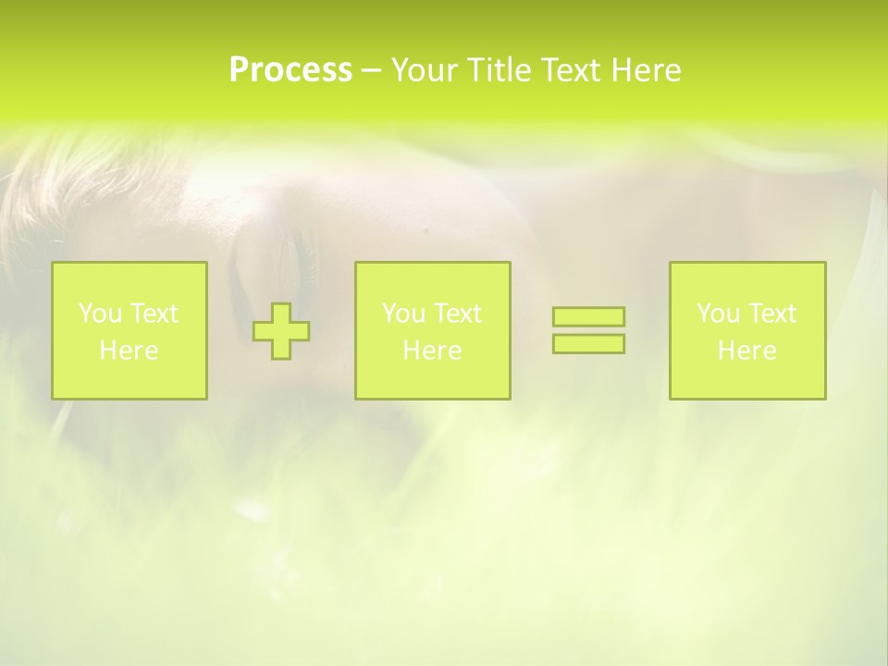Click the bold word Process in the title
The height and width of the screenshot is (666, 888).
click(x=290, y=70)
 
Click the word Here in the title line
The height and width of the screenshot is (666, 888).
click(x=648, y=70)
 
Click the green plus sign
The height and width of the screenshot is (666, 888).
click(x=281, y=331)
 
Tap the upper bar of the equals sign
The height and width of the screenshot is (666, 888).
click(x=588, y=317)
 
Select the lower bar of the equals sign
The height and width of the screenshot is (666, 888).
click(x=588, y=343)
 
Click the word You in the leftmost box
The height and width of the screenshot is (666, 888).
click(x=99, y=314)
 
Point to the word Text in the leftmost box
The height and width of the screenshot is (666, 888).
click(x=154, y=314)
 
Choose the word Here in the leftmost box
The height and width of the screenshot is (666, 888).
click(x=129, y=351)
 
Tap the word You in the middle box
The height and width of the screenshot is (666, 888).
click(x=402, y=314)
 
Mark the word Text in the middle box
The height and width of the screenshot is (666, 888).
click(x=457, y=314)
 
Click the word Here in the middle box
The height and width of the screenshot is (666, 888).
click(x=432, y=351)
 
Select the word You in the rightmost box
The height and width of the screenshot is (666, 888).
click(x=717, y=314)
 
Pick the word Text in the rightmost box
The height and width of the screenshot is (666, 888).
click(x=771, y=314)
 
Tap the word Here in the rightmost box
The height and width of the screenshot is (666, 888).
click(x=746, y=351)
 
